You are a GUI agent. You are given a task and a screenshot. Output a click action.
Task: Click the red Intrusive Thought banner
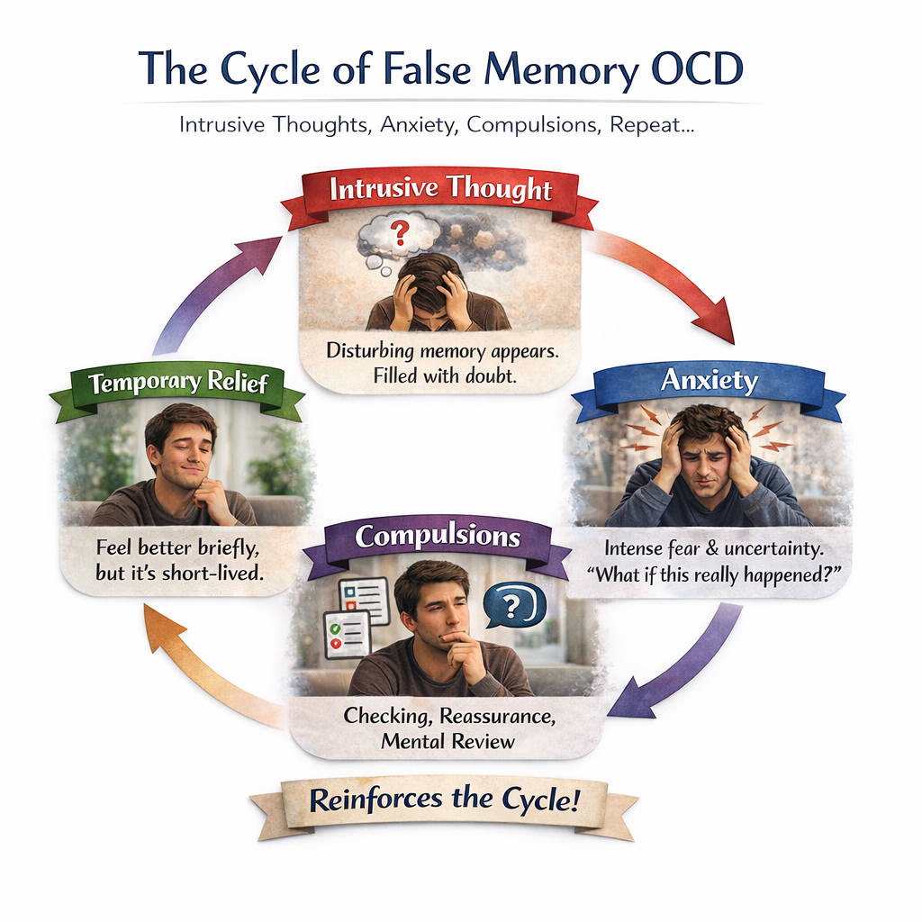(x=439, y=191)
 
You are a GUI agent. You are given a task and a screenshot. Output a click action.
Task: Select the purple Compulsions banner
(x=438, y=538)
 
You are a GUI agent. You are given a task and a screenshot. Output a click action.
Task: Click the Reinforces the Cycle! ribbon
(x=443, y=800)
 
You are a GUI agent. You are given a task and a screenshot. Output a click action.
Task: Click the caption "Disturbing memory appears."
(x=442, y=351)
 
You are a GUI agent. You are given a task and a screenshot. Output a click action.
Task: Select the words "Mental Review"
(x=447, y=741)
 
